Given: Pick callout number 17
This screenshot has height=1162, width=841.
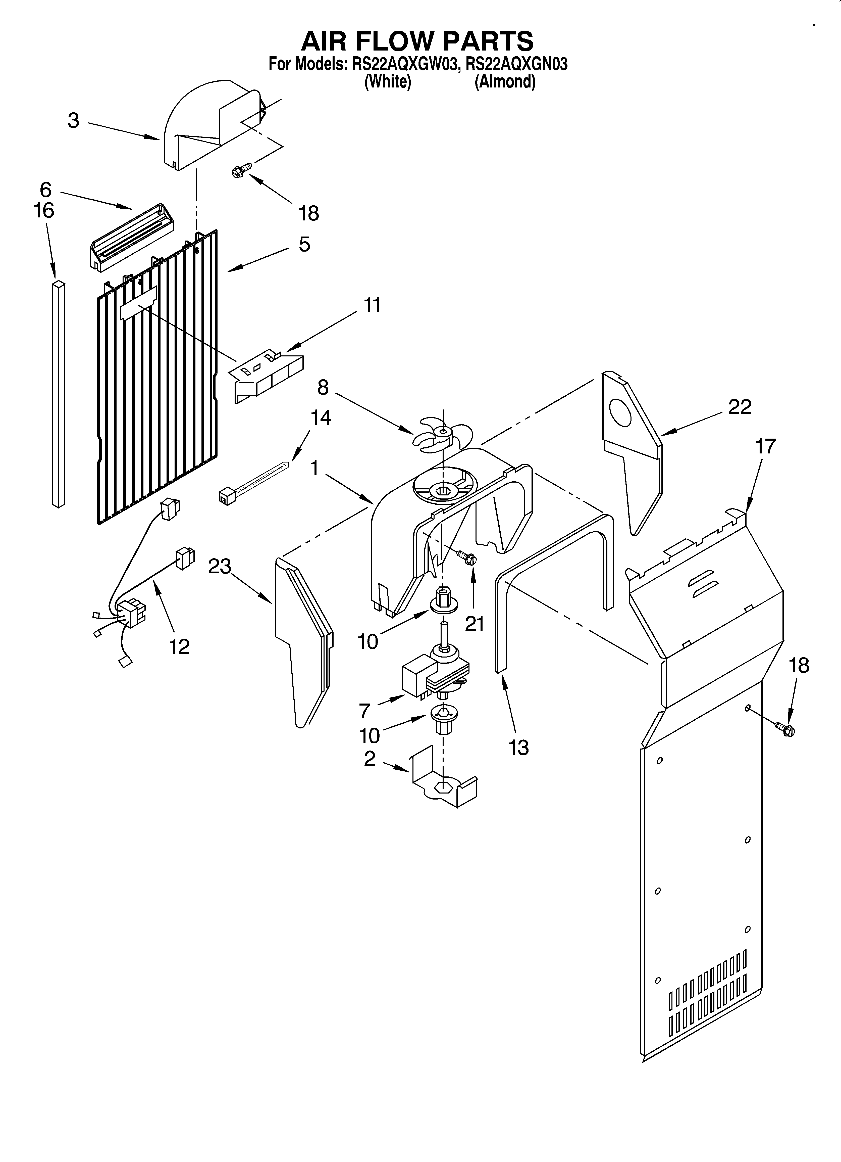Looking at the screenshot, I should (x=766, y=446).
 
